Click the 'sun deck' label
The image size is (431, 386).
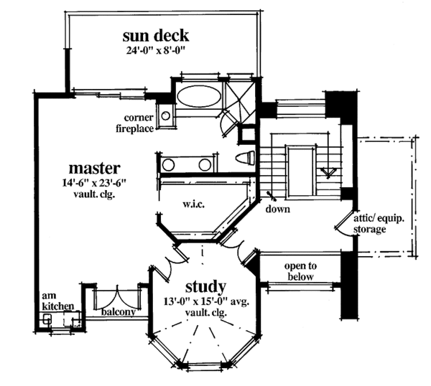coord(156,36)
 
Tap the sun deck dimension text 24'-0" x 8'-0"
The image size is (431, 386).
coord(156,51)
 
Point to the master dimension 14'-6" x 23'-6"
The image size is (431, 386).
coord(90,183)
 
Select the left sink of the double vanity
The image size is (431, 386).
coord(168,165)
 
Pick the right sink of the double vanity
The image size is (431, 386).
coord(205,165)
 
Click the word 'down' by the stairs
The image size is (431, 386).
coord(277,210)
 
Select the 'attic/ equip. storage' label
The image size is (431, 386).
coord(370,223)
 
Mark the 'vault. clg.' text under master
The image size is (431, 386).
coord(90,194)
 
